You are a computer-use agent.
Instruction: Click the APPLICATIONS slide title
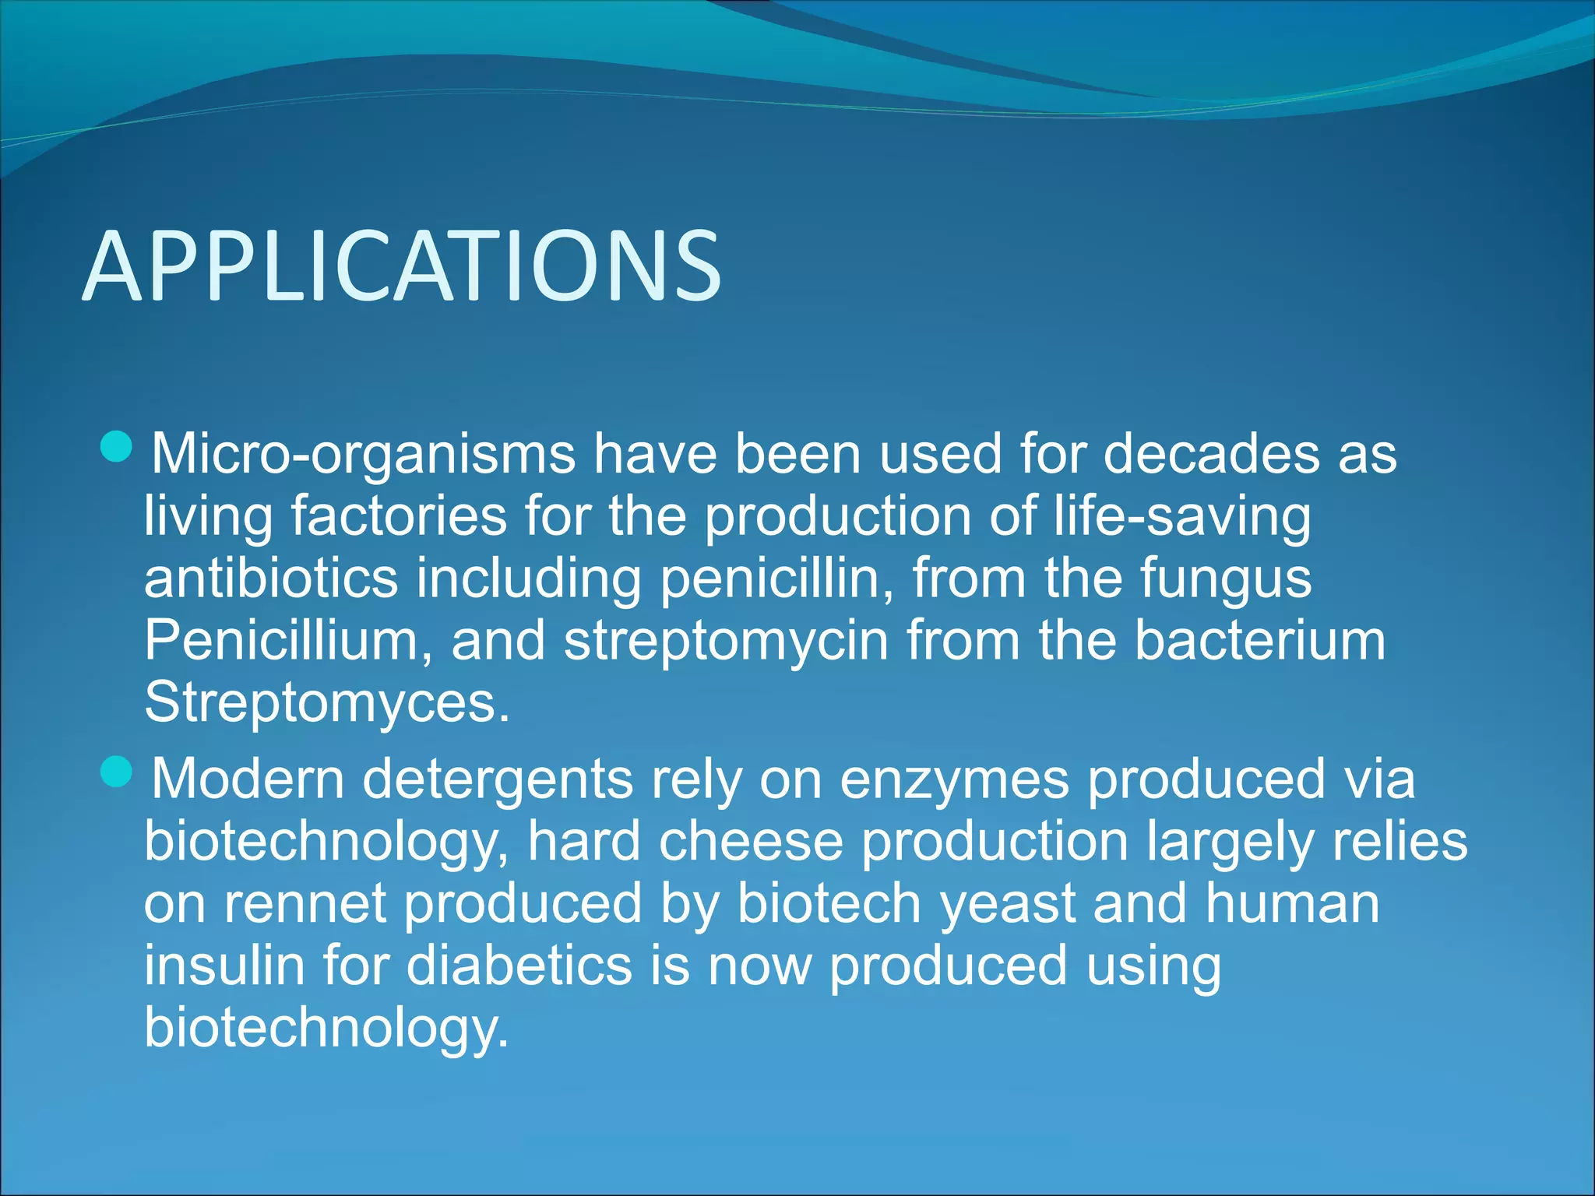click(402, 266)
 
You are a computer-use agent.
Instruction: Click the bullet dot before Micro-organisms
click(117, 447)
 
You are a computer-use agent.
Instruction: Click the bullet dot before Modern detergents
click(117, 772)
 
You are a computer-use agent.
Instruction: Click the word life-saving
click(1182, 517)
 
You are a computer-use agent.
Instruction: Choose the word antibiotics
click(271, 578)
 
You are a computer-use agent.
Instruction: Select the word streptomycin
click(726, 642)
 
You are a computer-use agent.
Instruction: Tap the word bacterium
click(1259, 640)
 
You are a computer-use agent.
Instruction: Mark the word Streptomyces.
click(327, 702)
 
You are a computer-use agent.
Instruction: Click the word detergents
click(498, 780)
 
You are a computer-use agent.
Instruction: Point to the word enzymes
click(954, 780)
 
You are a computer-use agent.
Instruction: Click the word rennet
click(305, 903)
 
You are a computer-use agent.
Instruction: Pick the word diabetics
click(519, 966)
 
